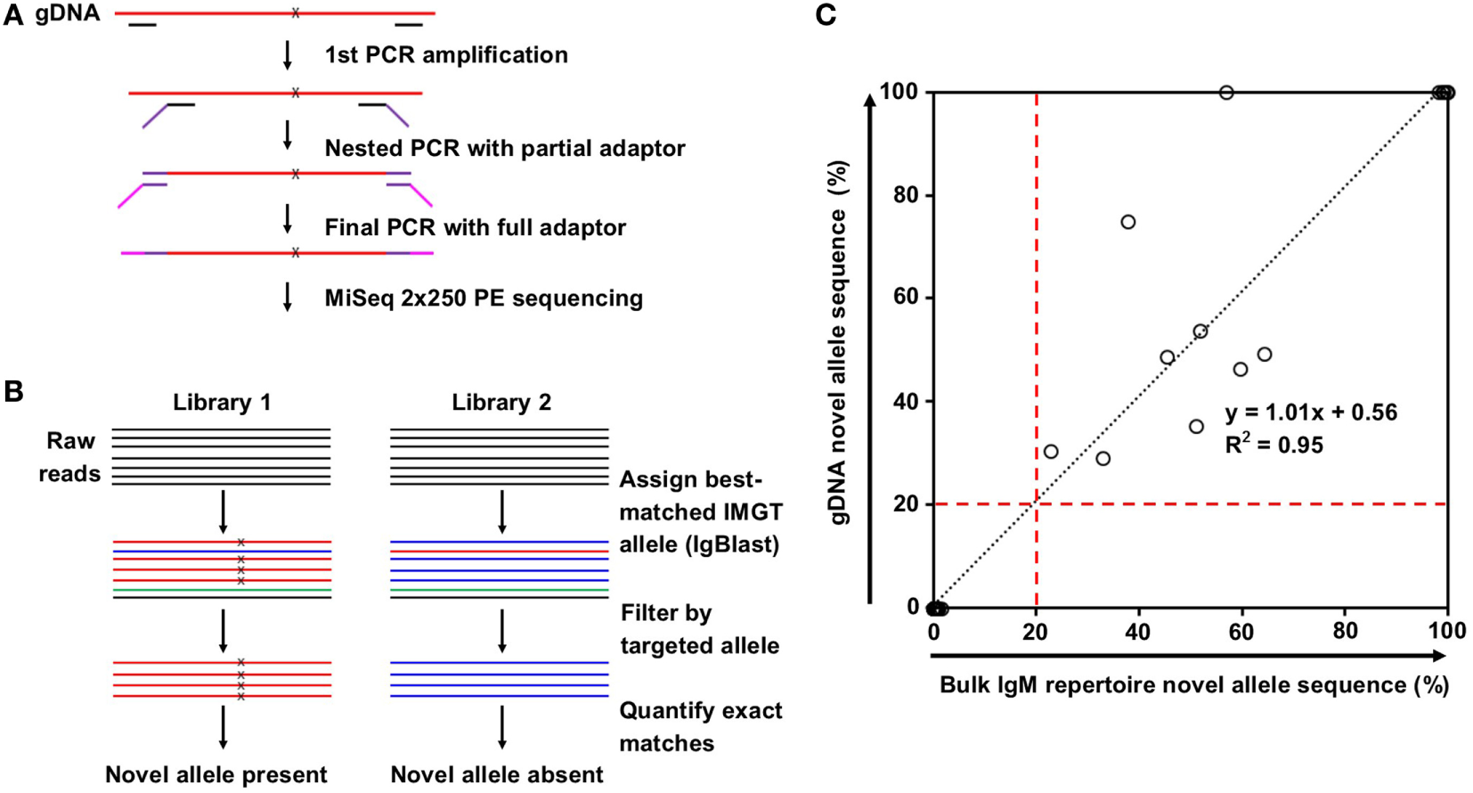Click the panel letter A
(x=12, y=14)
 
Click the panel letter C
(x=826, y=15)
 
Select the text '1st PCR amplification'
(x=446, y=55)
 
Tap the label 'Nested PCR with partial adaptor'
(x=505, y=149)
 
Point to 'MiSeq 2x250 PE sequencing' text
(x=484, y=298)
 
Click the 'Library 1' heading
(x=222, y=403)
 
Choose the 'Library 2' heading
(x=501, y=403)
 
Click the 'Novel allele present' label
(x=216, y=775)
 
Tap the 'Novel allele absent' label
(x=497, y=775)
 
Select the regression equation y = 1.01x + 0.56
(x=1311, y=413)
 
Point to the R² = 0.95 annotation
(x=1274, y=445)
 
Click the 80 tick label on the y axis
(x=907, y=195)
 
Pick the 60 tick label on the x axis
(x=1241, y=632)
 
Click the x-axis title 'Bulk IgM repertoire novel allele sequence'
(x=1194, y=685)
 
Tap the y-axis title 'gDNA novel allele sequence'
(x=839, y=343)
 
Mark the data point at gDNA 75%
(x=1128, y=222)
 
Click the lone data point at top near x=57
(x=1226, y=93)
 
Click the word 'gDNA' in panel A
(x=68, y=13)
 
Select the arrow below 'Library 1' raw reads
(x=223, y=511)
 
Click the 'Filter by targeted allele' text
(x=700, y=629)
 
